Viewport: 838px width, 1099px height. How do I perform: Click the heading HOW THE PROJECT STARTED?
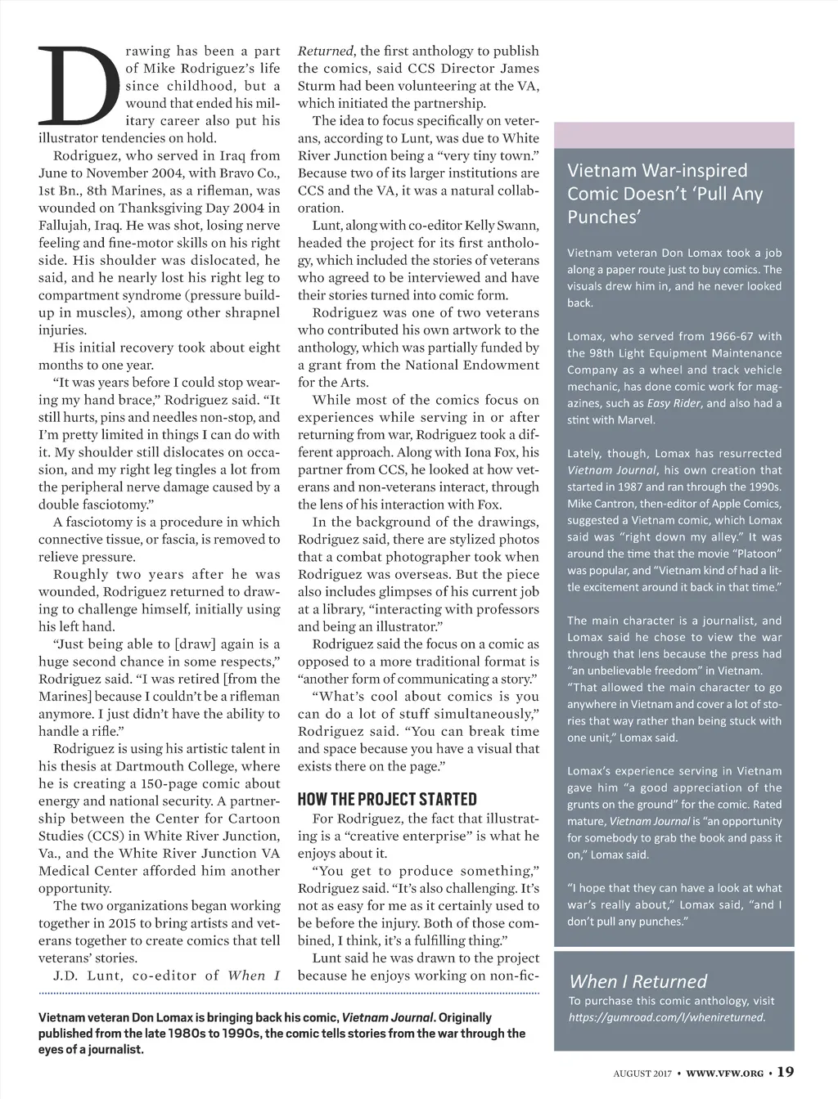pos(387,799)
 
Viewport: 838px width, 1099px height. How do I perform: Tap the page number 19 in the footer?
pos(785,1072)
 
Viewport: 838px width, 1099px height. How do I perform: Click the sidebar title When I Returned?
pos(638,981)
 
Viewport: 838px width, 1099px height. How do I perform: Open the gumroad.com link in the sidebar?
pos(666,1017)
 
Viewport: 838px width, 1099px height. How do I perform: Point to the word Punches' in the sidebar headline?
pos(603,217)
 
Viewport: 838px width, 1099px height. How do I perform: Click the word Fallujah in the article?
pos(66,226)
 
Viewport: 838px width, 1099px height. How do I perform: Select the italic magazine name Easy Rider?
pos(674,403)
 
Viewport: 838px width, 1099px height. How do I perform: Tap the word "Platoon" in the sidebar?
pos(756,554)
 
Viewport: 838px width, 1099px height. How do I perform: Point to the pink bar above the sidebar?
pos(674,135)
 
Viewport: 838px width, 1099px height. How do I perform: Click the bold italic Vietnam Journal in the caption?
pos(387,1017)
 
